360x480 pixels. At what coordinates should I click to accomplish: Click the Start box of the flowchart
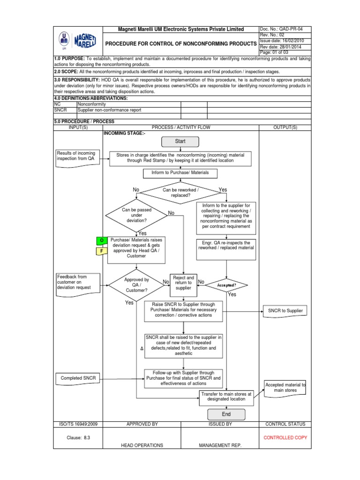click(x=180, y=141)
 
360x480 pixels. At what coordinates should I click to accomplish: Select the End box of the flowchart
click(x=226, y=414)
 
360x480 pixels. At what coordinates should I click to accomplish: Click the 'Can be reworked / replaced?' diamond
click(x=180, y=193)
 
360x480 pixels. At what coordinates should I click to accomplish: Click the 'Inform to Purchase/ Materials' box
click(x=180, y=173)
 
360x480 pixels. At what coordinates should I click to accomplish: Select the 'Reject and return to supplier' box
click(x=183, y=283)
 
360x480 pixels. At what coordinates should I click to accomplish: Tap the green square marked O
click(x=101, y=240)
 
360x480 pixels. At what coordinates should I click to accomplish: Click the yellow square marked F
click(x=101, y=251)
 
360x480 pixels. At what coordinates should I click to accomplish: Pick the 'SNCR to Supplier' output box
click(x=285, y=311)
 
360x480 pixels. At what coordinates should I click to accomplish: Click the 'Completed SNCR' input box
click(x=75, y=378)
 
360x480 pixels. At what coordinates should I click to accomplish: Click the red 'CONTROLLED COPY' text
click(x=285, y=437)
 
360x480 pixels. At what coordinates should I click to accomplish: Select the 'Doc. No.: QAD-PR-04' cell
click(x=285, y=29)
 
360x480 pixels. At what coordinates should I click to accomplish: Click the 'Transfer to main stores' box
click(x=226, y=397)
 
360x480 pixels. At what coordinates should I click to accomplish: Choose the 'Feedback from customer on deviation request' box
click(x=75, y=282)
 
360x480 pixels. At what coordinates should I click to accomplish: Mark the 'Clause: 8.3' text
click(x=78, y=437)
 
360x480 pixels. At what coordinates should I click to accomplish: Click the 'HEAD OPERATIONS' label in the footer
click(x=142, y=445)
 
